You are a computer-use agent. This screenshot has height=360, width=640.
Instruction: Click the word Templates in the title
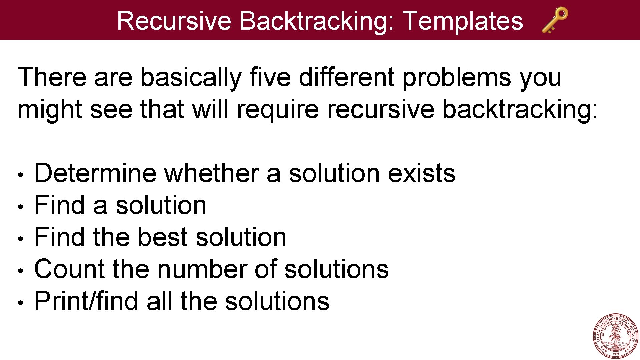click(463, 21)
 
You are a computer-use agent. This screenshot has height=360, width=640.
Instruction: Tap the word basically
click(191, 77)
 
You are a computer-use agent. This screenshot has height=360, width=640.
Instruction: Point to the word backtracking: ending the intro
click(520, 109)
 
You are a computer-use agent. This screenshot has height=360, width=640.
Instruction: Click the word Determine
click(95, 173)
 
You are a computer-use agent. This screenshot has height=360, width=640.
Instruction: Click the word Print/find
click(86, 301)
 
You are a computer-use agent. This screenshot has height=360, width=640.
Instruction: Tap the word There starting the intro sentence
click(52, 77)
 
